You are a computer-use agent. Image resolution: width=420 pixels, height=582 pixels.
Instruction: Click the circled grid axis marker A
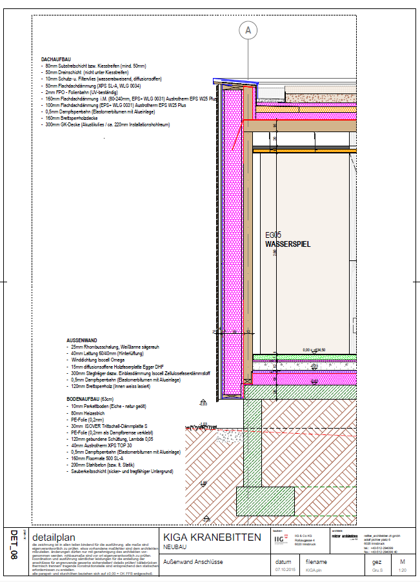click(248, 30)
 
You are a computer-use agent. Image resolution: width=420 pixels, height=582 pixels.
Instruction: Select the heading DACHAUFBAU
click(55, 59)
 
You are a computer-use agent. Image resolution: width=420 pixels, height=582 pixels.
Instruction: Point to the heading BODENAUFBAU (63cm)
click(89, 400)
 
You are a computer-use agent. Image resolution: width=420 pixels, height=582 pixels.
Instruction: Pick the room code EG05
click(274, 236)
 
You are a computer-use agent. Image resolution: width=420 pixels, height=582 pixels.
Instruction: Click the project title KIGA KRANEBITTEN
click(212, 538)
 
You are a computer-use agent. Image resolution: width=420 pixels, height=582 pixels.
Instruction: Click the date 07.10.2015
click(284, 570)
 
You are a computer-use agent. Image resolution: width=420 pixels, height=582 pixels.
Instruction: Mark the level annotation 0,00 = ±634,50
click(314, 350)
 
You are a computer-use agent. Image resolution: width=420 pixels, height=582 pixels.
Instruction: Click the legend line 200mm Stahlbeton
click(99, 466)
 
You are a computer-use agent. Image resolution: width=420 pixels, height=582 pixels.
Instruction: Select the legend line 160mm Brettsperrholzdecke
click(71, 119)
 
